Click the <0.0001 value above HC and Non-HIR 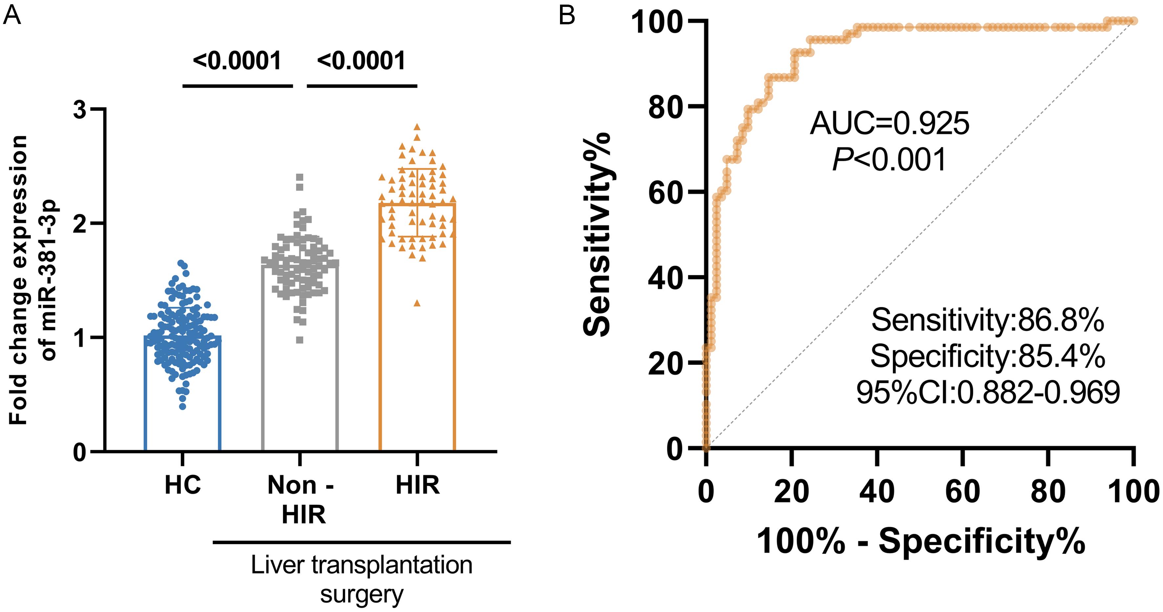pyautogui.click(x=237, y=61)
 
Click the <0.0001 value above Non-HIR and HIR pyautogui.click(x=361, y=61)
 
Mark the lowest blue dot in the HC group pyautogui.click(x=183, y=406)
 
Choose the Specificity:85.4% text pyautogui.click(x=987, y=356)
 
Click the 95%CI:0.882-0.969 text pyautogui.click(x=987, y=392)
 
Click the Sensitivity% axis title pyautogui.click(x=597, y=235)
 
